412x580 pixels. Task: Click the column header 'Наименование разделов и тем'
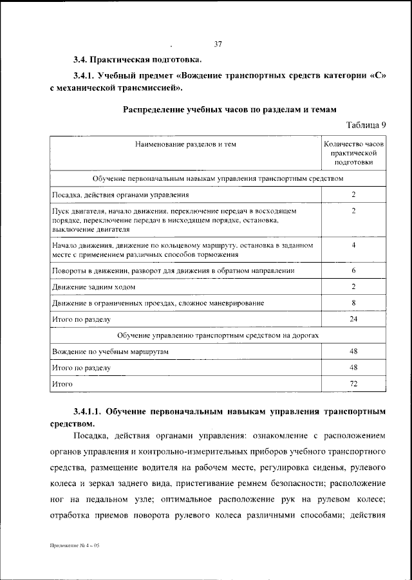click(185, 145)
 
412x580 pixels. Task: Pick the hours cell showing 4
click(353, 245)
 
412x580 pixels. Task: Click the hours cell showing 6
click(353, 271)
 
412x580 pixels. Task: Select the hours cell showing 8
click(353, 302)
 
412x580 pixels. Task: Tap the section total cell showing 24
click(353, 319)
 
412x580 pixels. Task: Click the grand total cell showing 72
click(353, 384)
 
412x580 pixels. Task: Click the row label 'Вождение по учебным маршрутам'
click(109, 351)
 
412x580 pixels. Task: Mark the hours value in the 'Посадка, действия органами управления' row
click(353, 194)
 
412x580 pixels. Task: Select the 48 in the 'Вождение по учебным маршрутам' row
click(353, 351)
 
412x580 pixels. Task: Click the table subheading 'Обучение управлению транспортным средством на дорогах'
click(218, 335)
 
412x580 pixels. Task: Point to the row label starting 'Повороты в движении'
click(173, 271)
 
